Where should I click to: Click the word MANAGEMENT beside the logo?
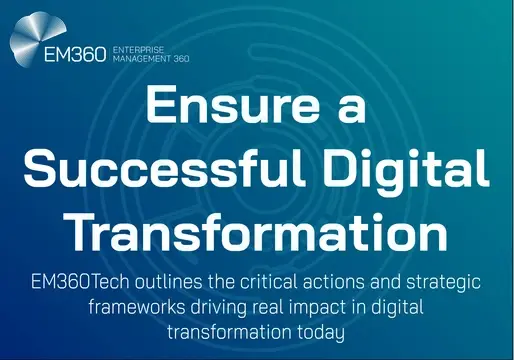pyautogui.click(x=140, y=58)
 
